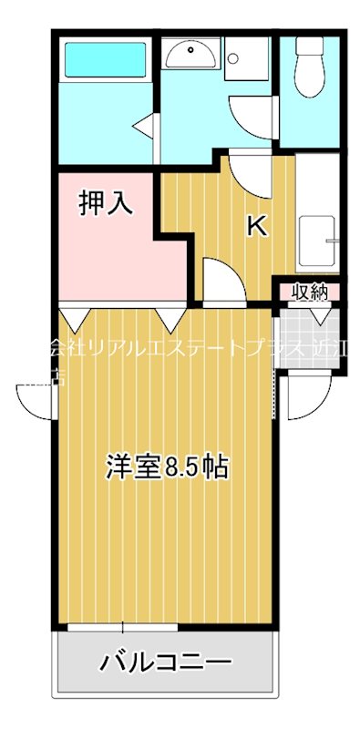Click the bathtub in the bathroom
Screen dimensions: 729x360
click(x=106, y=60)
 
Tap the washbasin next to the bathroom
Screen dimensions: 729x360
click(x=192, y=55)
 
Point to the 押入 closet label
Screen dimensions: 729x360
click(x=106, y=202)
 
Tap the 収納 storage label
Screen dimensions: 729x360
click(x=310, y=293)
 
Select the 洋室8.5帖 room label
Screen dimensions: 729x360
click(x=166, y=467)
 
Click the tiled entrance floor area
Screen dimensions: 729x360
click(x=310, y=339)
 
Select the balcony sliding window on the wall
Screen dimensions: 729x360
click(x=123, y=627)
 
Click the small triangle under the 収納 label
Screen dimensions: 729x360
click(x=321, y=315)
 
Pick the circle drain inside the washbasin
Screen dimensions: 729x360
click(x=192, y=52)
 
